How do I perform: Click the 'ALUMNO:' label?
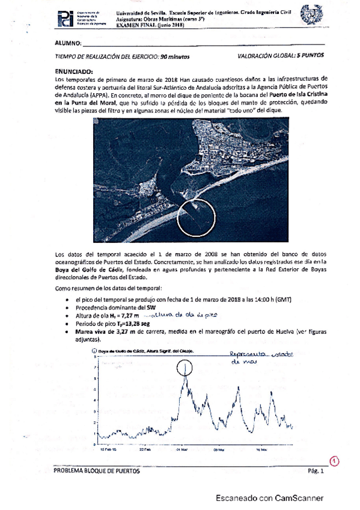[x=67, y=43]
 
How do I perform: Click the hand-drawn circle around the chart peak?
[x=186, y=366]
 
